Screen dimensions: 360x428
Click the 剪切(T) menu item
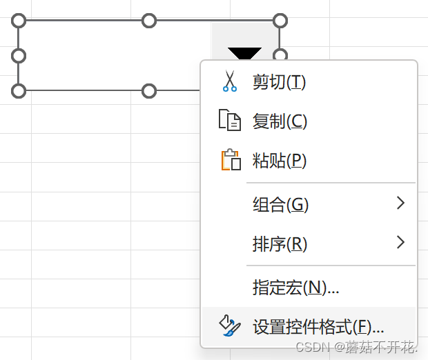279,83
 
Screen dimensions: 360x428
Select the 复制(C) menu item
280,122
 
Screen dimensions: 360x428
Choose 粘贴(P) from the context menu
279,161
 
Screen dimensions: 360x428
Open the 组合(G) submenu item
280,204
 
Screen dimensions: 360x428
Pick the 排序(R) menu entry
280,243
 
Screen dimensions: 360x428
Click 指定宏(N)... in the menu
295,288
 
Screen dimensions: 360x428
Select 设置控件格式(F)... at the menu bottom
318,326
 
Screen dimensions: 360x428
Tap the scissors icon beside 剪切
229,82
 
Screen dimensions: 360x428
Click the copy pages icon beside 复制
229,121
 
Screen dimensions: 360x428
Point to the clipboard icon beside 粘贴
230,161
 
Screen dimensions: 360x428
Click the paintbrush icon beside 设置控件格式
228,326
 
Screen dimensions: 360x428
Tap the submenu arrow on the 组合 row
400,203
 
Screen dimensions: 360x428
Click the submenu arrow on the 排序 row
400,243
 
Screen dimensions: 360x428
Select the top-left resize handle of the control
19,21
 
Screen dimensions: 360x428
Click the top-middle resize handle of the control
149,21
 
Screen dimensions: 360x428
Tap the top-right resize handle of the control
280,21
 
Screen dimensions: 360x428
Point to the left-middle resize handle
19,55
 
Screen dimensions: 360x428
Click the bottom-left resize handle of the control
19,90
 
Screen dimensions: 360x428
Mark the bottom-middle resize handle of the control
149,90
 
